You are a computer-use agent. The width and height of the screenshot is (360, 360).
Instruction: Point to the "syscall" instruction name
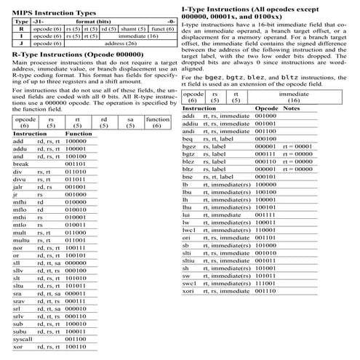pos(24,338)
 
